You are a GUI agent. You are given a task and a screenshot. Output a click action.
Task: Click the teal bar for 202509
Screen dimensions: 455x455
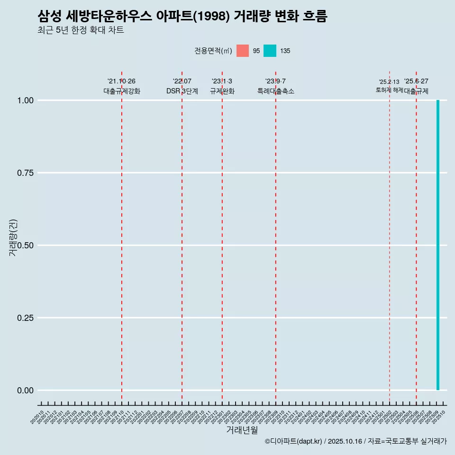pyautogui.click(x=438, y=245)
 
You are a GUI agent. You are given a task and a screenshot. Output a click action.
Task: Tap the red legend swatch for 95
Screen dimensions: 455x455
pyautogui.click(x=243, y=51)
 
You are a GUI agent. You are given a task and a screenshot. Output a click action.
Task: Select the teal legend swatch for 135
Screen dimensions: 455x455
pyautogui.click(x=270, y=51)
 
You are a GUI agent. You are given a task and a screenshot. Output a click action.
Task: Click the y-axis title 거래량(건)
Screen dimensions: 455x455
pyautogui.click(x=13, y=238)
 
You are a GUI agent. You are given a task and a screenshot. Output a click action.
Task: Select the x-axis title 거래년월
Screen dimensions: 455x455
pyautogui.click(x=242, y=430)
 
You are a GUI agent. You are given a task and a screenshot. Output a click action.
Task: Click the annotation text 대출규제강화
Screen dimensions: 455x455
pyautogui.click(x=122, y=91)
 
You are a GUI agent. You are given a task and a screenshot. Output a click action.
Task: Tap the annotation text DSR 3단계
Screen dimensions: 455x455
pyautogui.click(x=182, y=91)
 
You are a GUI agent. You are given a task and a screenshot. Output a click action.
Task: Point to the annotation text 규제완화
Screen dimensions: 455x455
pyautogui.click(x=222, y=91)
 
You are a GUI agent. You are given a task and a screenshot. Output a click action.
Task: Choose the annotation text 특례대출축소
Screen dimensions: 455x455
pyautogui.click(x=276, y=91)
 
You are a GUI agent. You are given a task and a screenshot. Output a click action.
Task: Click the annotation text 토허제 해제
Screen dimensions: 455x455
pyautogui.click(x=389, y=90)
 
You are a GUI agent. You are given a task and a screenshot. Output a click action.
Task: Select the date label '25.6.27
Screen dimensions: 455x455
pyautogui.click(x=416, y=82)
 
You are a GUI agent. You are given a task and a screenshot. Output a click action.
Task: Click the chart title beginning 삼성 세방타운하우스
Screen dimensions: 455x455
pyautogui.click(x=182, y=17)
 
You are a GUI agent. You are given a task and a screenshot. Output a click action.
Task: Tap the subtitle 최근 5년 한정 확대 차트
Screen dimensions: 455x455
pyautogui.click(x=81, y=30)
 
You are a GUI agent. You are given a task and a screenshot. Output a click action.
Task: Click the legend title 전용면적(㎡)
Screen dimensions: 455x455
pyautogui.click(x=213, y=51)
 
